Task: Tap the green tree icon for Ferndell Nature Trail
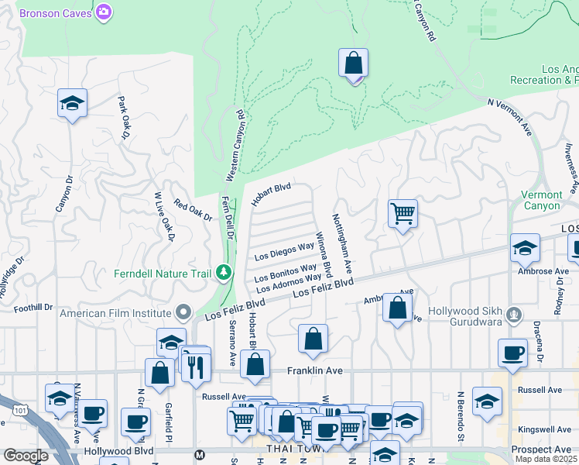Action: click(x=224, y=272)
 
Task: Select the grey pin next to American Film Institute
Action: click(x=183, y=312)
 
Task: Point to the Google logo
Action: click(x=26, y=456)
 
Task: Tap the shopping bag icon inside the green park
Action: click(x=353, y=64)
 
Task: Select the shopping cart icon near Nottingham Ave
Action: click(x=403, y=213)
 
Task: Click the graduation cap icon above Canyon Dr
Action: click(x=72, y=103)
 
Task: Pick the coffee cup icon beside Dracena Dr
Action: click(x=512, y=353)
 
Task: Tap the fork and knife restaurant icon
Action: click(x=196, y=365)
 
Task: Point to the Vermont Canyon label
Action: click(x=562, y=200)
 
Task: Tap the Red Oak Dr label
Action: click(x=192, y=210)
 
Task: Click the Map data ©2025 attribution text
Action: click(x=546, y=460)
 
